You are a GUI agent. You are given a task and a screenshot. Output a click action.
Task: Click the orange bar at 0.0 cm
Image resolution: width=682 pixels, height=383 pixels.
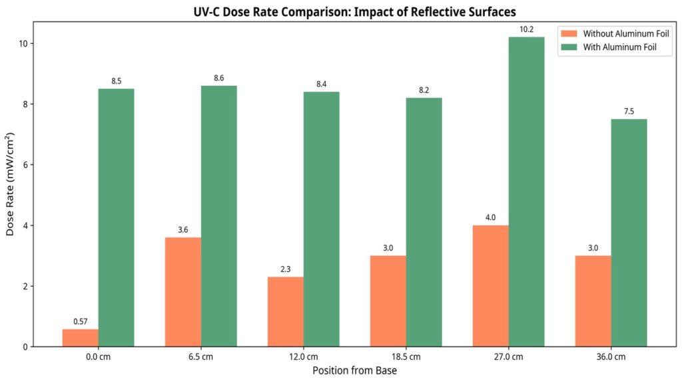80,338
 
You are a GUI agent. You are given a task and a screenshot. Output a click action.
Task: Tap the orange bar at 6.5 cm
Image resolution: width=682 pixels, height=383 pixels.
183,292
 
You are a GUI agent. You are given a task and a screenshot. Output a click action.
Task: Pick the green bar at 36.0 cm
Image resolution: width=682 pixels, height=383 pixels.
629,233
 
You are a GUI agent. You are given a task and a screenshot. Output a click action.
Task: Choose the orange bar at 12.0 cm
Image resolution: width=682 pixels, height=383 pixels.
286,312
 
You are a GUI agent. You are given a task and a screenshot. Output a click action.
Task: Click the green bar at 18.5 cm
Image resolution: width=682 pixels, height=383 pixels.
424,222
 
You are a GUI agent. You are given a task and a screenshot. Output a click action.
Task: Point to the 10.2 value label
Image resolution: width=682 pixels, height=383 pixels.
526,29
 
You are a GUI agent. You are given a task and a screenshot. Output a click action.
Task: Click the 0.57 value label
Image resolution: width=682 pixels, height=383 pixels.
80,322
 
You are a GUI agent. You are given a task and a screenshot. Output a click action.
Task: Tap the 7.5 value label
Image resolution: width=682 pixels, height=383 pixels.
629,112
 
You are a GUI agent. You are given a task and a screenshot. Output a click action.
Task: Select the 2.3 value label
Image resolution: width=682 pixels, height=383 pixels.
286,269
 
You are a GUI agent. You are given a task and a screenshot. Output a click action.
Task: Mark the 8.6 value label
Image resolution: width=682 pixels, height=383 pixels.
219,78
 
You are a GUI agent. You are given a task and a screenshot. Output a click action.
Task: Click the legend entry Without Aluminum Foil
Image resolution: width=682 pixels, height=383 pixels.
616,33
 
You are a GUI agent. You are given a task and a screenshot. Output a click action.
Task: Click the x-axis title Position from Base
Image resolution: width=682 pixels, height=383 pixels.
354,370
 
